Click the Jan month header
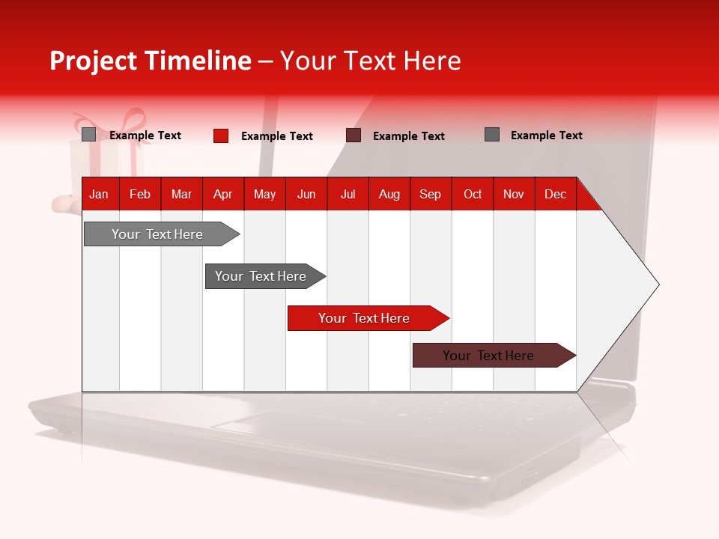click(x=99, y=195)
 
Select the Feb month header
click(x=140, y=195)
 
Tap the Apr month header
click(x=222, y=195)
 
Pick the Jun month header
click(x=306, y=195)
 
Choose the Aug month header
click(x=389, y=195)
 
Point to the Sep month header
click(x=430, y=195)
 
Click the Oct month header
click(x=473, y=195)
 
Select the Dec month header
click(x=555, y=195)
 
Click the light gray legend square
click(x=88, y=135)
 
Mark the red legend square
click(x=221, y=135)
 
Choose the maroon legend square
click(x=354, y=135)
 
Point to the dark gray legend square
click(x=492, y=135)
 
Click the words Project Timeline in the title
click(x=151, y=61)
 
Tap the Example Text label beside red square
click(x=277, y=136)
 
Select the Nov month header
click(x=514, y=195)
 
